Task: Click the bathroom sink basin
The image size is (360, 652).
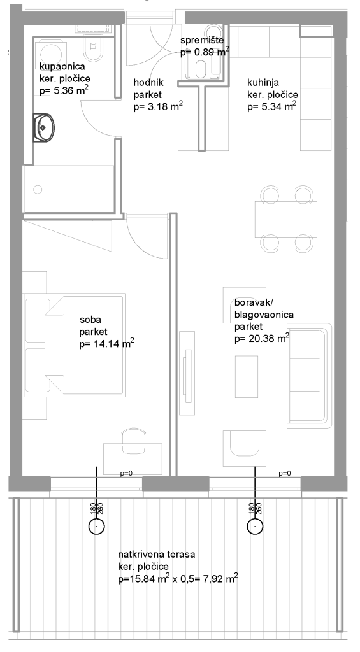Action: tap(44, 127)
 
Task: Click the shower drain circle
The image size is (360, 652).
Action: tap(38, 190)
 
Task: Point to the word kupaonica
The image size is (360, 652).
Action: tap(62, 66)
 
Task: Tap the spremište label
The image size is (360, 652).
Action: tap(202, 41)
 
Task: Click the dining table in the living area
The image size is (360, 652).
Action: tap(286, 219)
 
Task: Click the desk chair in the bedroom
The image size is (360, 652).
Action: tap(134, 441)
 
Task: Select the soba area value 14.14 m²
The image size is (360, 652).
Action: tap(106, 344)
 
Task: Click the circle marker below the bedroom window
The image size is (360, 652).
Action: tap(97, 526)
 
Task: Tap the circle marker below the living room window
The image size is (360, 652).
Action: tap(255, 526)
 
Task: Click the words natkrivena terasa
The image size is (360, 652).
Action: tap(157, 555)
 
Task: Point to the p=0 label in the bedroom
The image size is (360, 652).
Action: tap(126, 473)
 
